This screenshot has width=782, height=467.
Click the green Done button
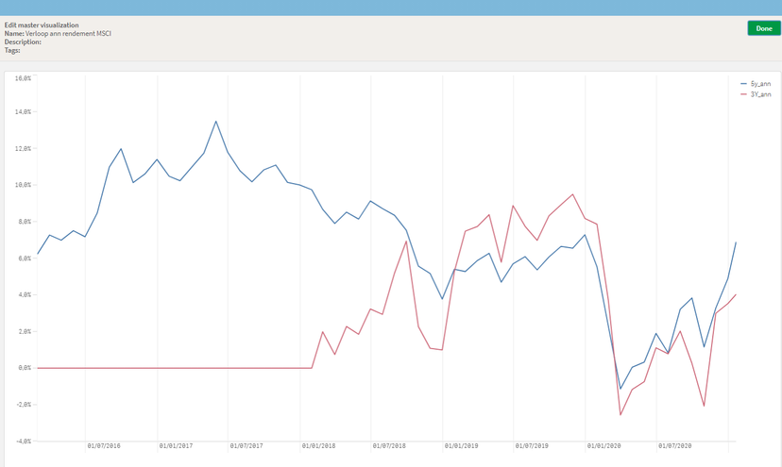click(x=763, y=28)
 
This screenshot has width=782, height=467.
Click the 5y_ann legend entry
click(x=760, y=85)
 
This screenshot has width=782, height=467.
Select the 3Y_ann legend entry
click(x=760, y=94)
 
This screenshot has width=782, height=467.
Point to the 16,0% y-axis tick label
click(x=22, y=76)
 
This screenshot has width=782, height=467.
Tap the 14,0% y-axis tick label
click(x=22, y=112)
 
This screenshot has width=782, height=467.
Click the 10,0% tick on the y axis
click(x=22, y=185)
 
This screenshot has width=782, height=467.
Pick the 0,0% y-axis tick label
click(x=23, y=368)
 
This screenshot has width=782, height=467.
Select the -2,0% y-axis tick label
click(x=22, y=404)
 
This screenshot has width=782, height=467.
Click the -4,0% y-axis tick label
click(x=22, y=441)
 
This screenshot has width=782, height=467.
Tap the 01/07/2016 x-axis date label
click(x=104, y=445)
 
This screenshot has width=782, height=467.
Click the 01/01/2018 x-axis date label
click(x=319, y=445)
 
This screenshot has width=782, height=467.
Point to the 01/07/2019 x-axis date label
click(x=533, y=445)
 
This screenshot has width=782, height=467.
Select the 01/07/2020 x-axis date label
click(x=676, y=445)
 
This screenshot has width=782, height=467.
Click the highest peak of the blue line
click(x=216, y=121)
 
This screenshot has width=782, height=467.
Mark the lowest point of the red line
click(x=620, y=415)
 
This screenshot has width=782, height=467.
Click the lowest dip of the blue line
click(x=620, y=389)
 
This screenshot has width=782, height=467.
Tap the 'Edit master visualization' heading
click(x=42, y=25)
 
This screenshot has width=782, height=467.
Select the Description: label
click(x=23, y=42)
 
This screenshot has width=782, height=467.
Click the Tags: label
click(x=12, y=50)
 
